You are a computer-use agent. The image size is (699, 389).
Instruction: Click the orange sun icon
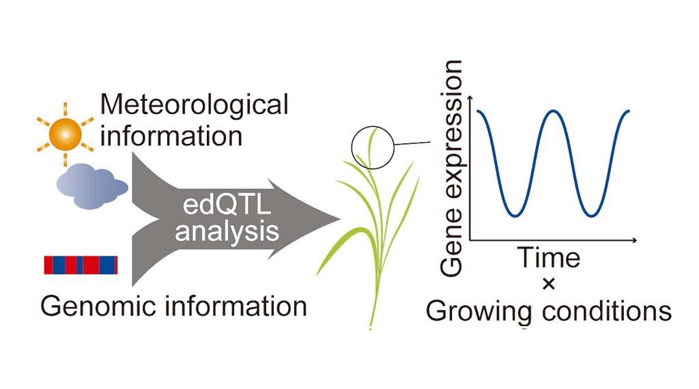[65, 134]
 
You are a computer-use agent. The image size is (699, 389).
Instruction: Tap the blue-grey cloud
[92, 186]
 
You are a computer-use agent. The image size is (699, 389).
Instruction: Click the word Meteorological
[194, 105]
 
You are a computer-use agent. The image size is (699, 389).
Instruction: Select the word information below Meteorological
[171, 136]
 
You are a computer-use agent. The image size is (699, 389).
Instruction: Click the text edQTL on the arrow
[227, 205]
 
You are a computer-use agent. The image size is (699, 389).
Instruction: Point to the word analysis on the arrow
[227, 231]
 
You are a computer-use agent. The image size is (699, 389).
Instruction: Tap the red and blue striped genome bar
[81, 265]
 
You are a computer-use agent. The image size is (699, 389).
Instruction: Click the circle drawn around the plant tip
[352, 147]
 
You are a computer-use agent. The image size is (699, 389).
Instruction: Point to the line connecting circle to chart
[412, 143]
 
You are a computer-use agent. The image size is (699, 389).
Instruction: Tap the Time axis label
[549, 258]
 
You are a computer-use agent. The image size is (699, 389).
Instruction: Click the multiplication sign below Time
[549, 283]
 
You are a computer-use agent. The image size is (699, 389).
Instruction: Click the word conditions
[607, 311]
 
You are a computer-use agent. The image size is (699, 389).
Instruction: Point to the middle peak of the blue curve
[553, 111]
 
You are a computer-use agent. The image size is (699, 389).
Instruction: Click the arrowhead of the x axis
[634, 241]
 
